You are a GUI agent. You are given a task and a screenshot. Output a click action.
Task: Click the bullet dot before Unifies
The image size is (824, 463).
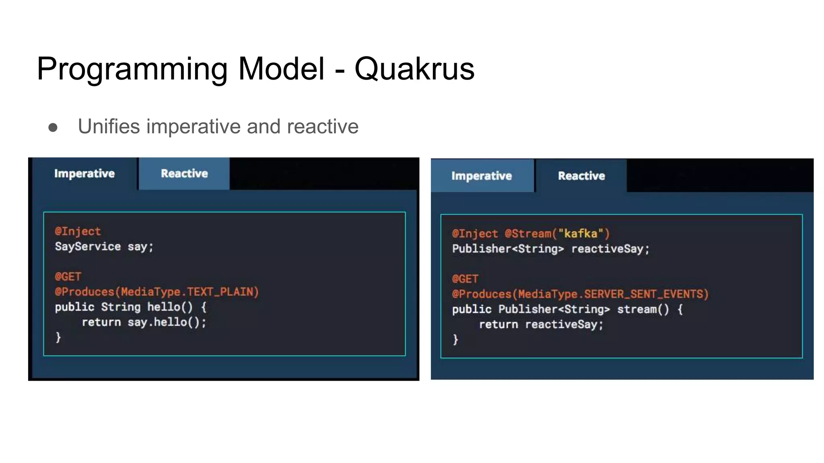[x=53, y=128]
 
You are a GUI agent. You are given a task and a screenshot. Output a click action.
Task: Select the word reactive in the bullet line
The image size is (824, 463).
[x=322, y=127]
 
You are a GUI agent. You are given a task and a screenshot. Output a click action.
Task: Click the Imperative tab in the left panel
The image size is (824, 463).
[x=84, y=174]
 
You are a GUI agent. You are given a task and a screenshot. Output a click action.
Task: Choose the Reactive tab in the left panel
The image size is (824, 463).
[x=184, y=174]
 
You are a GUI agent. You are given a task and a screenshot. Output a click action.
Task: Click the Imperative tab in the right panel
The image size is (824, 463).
[x=482, y=176]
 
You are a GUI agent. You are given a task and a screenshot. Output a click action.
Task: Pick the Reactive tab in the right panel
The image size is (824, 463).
[x=581, y=176]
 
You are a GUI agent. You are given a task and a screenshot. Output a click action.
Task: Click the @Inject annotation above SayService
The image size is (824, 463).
[x=78, y=231]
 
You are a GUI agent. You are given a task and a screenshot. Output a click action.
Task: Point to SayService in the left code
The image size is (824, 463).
[x=88, y=246]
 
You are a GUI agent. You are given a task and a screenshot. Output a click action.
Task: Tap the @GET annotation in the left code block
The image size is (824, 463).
[x=68, y=277]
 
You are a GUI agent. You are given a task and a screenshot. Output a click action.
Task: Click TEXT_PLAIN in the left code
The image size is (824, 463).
[x=222, y=292]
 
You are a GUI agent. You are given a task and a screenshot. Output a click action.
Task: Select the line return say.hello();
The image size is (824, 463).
[x=144, y=322]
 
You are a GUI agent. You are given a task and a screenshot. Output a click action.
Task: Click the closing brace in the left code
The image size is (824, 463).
[x=58, y=337]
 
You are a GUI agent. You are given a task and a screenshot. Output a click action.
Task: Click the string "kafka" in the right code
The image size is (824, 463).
[x=581, y=234]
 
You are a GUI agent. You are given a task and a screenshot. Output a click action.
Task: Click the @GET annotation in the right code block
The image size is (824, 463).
[x=465, y=279]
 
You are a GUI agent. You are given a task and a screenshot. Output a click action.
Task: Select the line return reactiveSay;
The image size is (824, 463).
[x=541, y=324]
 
